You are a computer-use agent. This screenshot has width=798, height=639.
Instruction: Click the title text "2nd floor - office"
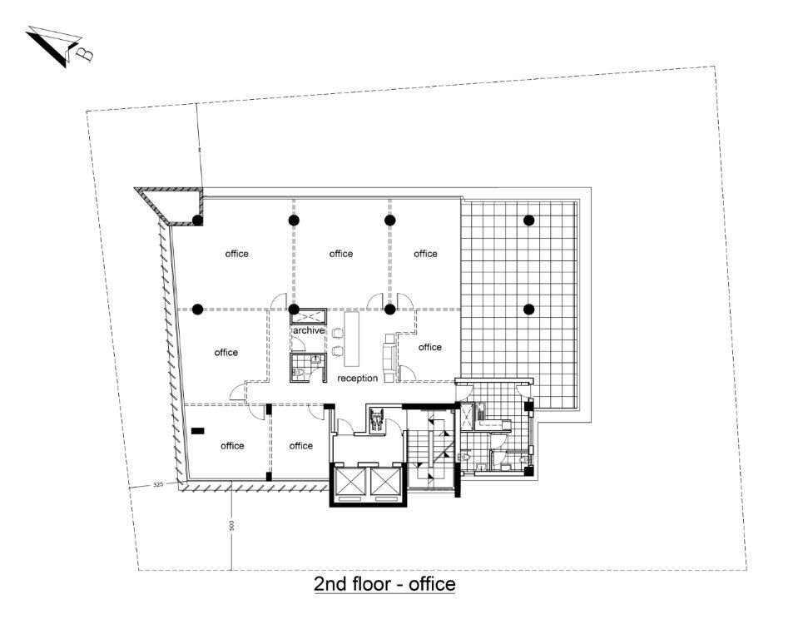(384, 583)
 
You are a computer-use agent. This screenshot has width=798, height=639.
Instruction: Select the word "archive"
(309, 330)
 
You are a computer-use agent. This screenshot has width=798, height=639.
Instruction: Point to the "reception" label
(357, 378)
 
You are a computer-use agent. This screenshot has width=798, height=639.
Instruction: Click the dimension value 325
(158, 485)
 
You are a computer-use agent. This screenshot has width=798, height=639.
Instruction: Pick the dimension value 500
(231, 526)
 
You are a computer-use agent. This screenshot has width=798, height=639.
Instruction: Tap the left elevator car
(349, 481)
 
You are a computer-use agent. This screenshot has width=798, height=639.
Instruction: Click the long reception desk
(352, 339)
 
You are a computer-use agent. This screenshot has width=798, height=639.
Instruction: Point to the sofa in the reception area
(389, 358)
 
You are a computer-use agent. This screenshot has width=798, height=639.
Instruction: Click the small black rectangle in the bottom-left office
(197, 431)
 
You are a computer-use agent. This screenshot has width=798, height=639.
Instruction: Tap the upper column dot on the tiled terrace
(528, 220)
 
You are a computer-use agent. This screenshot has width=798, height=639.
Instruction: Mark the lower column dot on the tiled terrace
(528, 309)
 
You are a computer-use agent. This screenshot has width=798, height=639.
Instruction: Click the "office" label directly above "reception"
(341, 254)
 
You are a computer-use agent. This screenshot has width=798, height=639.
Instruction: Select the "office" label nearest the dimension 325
(232, 446)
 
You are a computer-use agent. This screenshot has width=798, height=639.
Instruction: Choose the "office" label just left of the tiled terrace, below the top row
(429, 347)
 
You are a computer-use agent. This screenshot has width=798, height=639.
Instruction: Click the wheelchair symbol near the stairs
(377, 419)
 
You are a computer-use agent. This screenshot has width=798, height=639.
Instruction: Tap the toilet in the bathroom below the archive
(300, 373)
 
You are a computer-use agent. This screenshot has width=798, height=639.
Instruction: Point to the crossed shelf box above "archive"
(309, 316)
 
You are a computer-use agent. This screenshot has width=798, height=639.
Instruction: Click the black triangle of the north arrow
(48, 49)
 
